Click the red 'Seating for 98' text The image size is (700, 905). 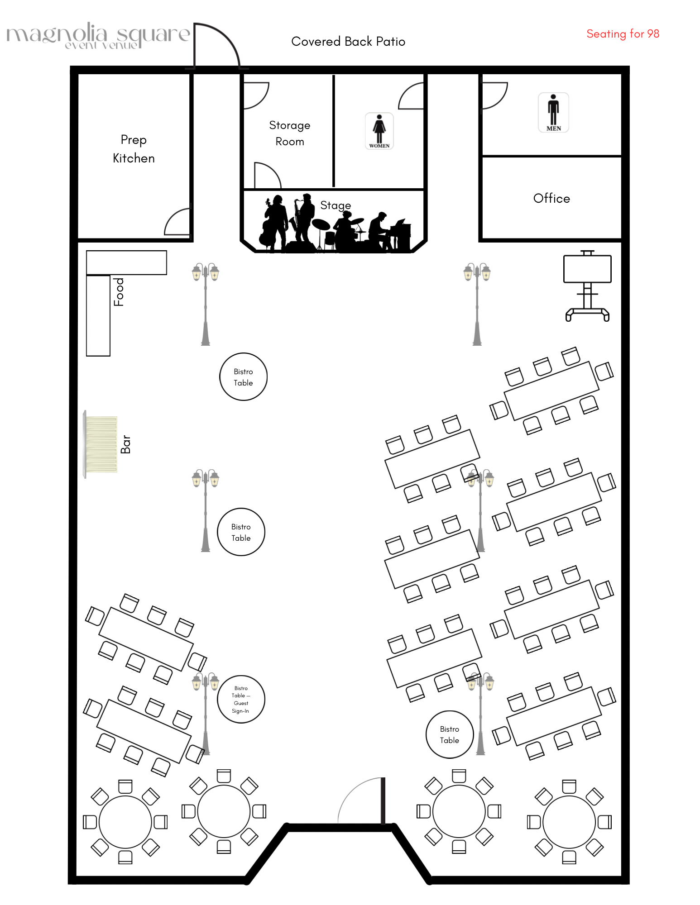(x=623, y=34)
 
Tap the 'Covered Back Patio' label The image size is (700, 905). (x=348, y=42)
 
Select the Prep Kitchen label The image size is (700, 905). (x=134, y=149)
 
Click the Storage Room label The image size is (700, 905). (x=290, y=133)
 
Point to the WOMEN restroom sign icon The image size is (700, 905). (x=379, y=131)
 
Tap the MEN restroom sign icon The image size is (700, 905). (x=553, y=112)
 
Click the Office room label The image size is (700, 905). (x=551, y=198)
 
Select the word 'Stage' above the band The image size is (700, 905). (x=336, y=205)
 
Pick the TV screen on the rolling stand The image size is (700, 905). (x=587, y=269)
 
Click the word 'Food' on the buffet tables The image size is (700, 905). (x=119, y=292)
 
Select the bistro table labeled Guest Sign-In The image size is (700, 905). (x=241, y=699)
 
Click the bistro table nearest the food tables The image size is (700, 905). (x=243, y=376)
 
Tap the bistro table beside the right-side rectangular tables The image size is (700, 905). (x=449, y=734)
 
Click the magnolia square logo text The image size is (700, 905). (x=97, y=35)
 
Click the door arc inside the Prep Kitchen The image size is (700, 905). (x=177, y=222)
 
